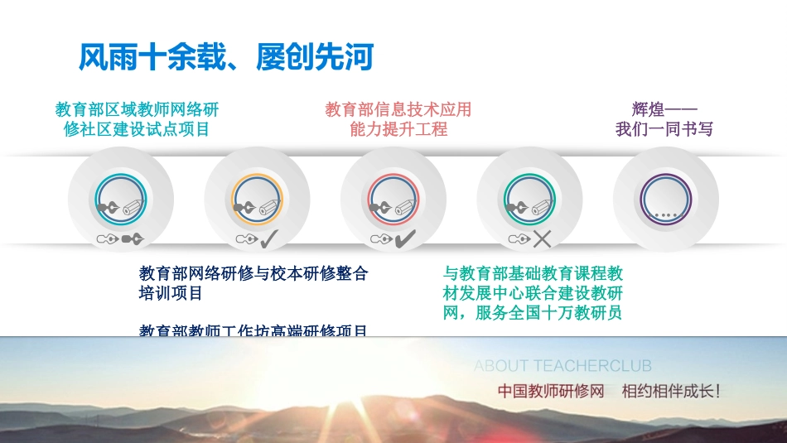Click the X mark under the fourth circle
[543, 239]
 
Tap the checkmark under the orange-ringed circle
[269, 239]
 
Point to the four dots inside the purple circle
[665, 214]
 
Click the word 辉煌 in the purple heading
[648, 109]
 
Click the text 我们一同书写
[664, 129]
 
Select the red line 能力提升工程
[398, 129]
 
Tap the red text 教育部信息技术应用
[398, 109]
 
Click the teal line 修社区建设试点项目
[137, 129]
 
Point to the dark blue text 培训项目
[171, 293]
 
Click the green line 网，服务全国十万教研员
[533, 313]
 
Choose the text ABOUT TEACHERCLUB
[562, 365]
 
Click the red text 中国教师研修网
[551, 391]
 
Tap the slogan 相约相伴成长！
[671, 391]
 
